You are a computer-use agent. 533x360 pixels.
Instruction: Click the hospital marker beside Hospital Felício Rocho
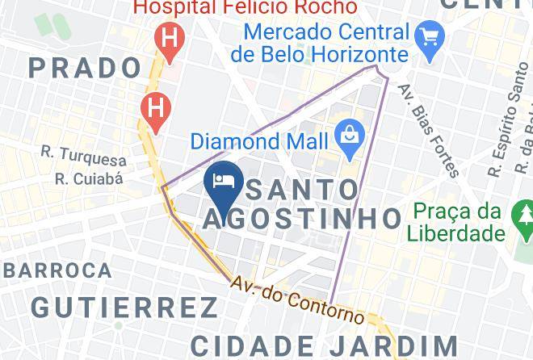click(x=170, y=40)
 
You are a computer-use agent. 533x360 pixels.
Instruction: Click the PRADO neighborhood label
click(x=85, y=68)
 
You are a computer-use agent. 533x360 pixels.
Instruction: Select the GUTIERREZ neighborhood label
click(x=125, y=308)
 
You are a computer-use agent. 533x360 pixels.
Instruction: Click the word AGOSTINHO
click(x=301, y=218)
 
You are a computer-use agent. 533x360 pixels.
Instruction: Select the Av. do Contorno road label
click(x=297, y=299)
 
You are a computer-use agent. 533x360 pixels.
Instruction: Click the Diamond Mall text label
click(x=259, y=141)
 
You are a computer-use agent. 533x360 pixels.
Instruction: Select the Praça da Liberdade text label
click(x=459, y=223)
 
